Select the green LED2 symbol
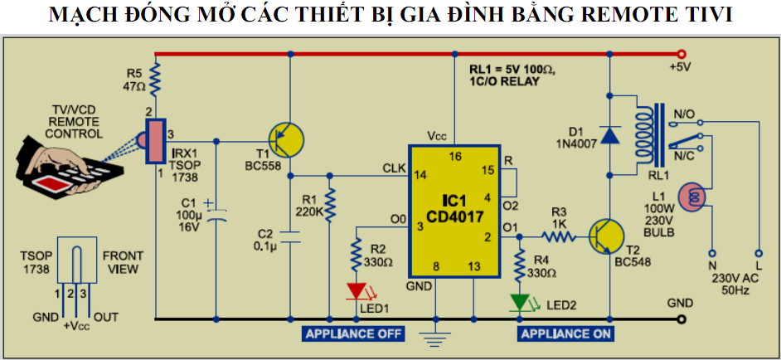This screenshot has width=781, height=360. coord(519,301)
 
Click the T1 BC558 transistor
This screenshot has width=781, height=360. coord(287,139)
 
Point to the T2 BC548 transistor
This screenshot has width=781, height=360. coord(608,236)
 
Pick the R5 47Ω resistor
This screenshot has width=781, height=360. coord(155,82)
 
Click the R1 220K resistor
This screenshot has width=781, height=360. coord(330,204)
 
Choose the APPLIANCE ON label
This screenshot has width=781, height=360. coord(565,334)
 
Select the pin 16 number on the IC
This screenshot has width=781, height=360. coord(454,156)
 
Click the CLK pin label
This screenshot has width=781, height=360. coord(394,168)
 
